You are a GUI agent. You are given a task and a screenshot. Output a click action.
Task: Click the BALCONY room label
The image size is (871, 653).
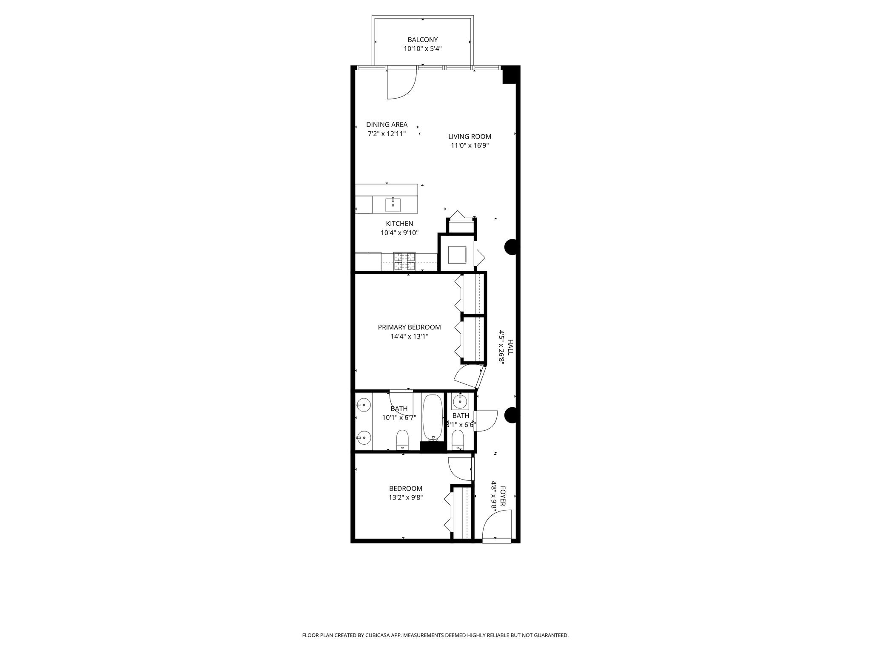click(x=422, y=40)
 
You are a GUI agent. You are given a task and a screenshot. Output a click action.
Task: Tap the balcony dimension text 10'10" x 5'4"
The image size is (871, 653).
click(x=422, y=49)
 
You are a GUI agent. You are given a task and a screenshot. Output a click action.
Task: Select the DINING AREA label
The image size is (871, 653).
click(x=387, y=125)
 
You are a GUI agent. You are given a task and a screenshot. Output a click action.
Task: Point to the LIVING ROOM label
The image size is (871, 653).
click(x=470, y=136)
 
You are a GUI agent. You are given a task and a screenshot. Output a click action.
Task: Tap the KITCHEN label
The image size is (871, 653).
click(x=399, y=224)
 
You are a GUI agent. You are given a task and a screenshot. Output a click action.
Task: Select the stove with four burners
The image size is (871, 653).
click(x=404, y=261)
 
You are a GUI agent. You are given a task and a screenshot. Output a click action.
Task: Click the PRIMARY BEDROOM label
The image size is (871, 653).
click(x=409, y=327)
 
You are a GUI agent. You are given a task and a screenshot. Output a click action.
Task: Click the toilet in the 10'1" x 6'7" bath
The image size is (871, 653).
click(x=402, y=439)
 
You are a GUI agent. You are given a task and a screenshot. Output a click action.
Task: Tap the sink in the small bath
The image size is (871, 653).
click(x=460, y=401)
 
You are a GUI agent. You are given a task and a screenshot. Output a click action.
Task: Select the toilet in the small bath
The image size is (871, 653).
click(x=458, y=439)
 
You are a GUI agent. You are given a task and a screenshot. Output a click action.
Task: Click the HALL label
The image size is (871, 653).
click(x=510, y=347)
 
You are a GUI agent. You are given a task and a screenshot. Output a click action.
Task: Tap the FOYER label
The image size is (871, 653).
click(x=502, y=496)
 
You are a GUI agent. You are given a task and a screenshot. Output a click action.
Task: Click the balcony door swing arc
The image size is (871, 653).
click(x=401, y=85)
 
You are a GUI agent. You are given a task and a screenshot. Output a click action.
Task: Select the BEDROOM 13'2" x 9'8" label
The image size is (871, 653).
click(x=405, y=488)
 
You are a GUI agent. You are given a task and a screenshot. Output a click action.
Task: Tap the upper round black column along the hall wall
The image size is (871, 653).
click(x=511, y=247)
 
